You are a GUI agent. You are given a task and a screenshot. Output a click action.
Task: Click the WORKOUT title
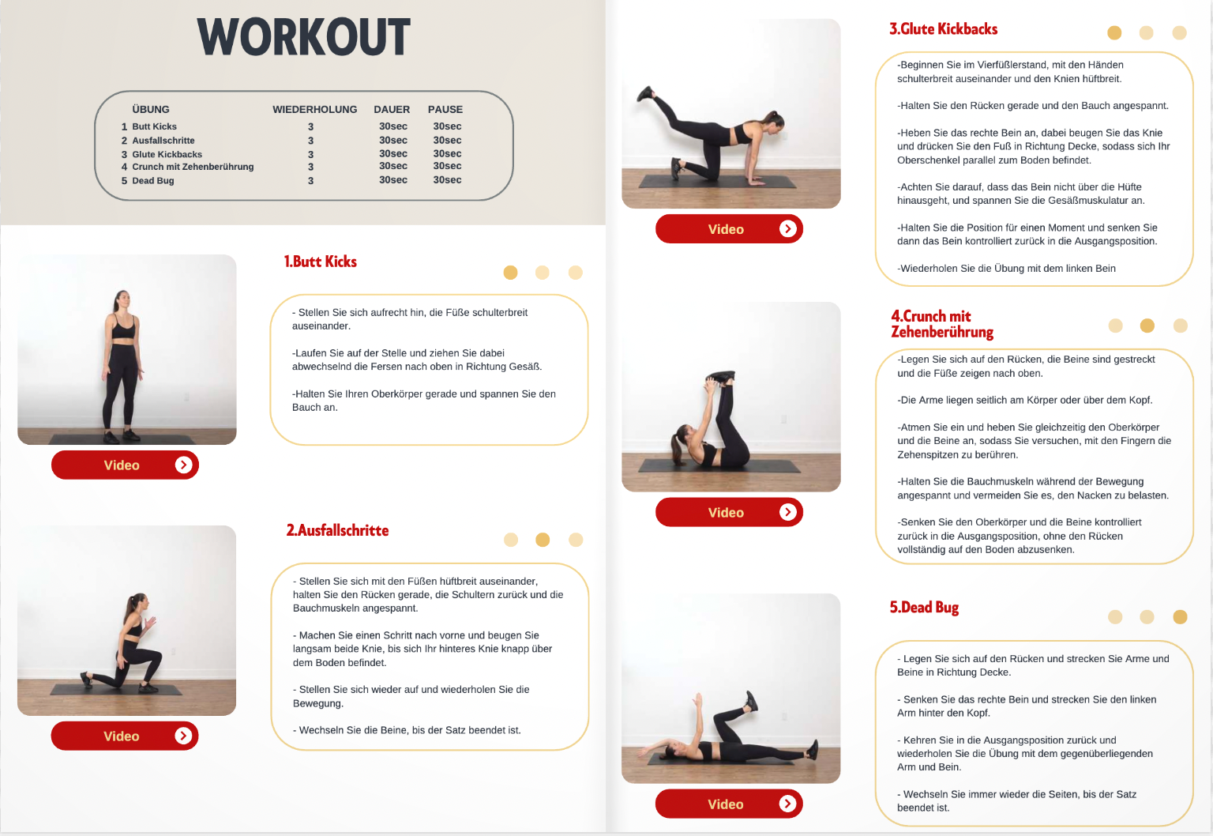pos(303,37)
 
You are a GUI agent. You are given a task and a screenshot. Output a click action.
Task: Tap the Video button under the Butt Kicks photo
pos(125,465)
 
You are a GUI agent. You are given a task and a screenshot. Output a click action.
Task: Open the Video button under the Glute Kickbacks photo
pos(729,228)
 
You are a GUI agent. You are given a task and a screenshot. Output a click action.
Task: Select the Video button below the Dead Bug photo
pos(729,804)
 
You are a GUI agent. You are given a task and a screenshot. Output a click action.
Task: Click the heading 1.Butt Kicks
pos(320,262)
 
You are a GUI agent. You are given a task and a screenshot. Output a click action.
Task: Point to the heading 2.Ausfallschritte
pos(337,530)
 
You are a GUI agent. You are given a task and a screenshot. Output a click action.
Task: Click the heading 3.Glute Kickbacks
pos(943,29)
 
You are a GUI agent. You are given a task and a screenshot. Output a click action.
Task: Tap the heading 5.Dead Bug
pos(924,608)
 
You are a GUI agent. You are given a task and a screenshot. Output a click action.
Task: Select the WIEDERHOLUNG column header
pos(314,110)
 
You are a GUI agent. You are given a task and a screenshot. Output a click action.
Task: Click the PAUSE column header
pos(445,110)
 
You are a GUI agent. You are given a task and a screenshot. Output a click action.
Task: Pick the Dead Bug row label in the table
pos(153,180)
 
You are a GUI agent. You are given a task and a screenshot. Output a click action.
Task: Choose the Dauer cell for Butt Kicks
pos(393,126)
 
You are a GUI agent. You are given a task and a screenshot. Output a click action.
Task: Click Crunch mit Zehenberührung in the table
pos(193,167)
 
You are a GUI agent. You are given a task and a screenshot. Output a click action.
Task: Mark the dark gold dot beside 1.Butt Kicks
pos(510,272)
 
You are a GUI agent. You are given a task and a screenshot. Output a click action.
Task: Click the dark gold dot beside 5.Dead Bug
pos(1180,616)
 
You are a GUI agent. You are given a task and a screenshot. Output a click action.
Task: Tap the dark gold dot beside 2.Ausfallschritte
pos(543,540)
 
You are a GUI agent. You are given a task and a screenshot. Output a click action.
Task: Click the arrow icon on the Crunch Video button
pos(788,512)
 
